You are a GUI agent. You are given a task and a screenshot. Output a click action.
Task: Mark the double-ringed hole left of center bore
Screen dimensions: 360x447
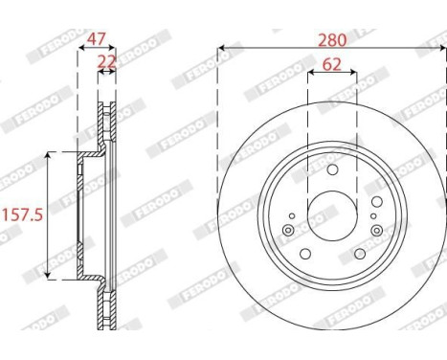click(x=288, y=231)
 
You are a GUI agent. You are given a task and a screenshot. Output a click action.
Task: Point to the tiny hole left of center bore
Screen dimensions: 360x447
click(x=294, y=217)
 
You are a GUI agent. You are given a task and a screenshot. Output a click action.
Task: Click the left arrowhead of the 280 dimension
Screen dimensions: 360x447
click(x=222, y=46)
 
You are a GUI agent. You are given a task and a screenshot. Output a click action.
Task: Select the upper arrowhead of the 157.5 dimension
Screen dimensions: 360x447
click(x=48, y=153)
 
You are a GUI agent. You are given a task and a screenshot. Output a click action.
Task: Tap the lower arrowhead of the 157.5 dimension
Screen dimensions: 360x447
click(x=48, y=276)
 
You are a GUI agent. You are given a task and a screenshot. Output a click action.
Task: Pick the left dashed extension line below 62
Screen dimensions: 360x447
click(x=307, y=115)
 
